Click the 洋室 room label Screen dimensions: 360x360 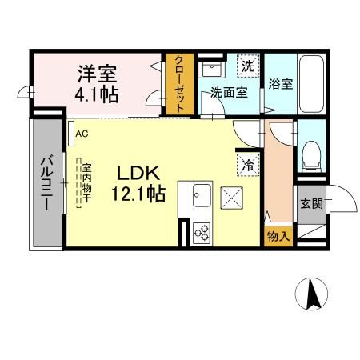click(98, 74)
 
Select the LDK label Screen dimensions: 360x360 click(142, 172)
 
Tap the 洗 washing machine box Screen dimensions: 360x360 click(248, 66)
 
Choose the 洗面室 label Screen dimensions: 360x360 click(228, 92)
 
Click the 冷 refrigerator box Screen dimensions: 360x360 click(249, 164)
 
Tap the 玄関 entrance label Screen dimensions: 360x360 click(312, 203)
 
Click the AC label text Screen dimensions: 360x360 click(82, 134)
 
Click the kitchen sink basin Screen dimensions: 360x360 click(201, 194)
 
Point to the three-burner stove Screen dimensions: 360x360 click(202, 233)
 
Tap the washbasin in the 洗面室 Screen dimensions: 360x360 click(211, 69)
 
